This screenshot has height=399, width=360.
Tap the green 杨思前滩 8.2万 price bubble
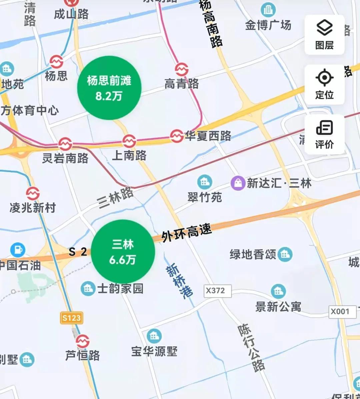pyautogui.click(x=109, y=88)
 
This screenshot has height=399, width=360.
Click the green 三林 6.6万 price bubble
pyautogui.click(x=123, y=251)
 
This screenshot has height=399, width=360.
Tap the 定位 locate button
pyautogui.click(x=324, y=84)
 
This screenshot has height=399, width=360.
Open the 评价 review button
pyautogui.click(x=324, y=134)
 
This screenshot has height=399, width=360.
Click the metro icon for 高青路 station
pyautogui.click(x=182, y=69)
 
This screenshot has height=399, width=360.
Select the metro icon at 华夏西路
pyautogui.click(x=177, y=136)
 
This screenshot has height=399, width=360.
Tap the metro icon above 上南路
pyautogui.click(x=129, y=141)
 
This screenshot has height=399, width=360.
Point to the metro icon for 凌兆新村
pyautogui.click(x=33, y=194)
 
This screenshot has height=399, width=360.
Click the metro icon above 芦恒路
pyautogui.click(x=82, y=341)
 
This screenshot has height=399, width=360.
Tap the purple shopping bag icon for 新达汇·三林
pyautogui.click(x=238, y=183)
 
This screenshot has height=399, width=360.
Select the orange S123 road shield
pyautogui.click(x=72, y=318)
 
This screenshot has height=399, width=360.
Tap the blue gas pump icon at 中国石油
pyautogui.click(x=18, y=250)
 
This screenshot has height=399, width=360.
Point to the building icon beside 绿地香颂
pyautogui.click(x=285, y=255)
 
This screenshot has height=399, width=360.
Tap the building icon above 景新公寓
pyautogui.click(x=278, y=291)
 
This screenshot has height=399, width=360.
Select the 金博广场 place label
pyautogui.click(x=268, y=25)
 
